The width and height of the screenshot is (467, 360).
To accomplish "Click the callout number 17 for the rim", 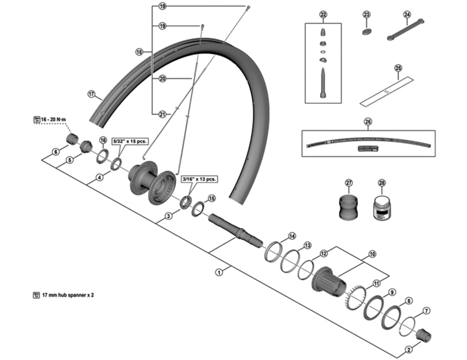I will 91,93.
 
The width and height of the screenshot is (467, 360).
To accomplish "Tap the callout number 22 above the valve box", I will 323,14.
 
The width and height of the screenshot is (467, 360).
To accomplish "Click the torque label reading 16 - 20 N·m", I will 51,119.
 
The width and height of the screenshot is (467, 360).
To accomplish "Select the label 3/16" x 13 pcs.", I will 200,180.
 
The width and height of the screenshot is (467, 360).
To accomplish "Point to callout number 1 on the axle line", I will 219,271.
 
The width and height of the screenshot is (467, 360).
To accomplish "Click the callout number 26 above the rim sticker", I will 368,122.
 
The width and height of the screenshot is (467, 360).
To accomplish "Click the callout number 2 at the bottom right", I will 408,350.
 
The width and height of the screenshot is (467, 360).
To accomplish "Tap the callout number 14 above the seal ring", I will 292,236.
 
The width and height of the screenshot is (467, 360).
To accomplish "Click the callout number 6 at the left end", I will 55,152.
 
